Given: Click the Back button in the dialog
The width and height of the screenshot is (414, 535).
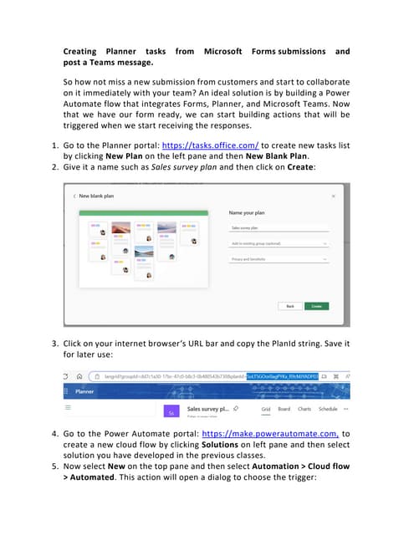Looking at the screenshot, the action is point(290,307).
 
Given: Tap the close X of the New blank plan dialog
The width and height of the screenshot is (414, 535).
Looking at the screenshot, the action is point(334,195).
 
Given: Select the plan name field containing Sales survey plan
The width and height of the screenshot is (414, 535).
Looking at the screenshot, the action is point(276,227).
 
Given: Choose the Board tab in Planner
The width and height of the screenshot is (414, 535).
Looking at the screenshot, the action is point(284,409).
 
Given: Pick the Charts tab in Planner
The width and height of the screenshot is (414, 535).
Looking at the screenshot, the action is point(304,409).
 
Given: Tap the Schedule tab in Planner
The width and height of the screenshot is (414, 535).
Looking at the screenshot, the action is point(328,409).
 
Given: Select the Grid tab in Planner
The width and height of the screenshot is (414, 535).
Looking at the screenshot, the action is point(266,409).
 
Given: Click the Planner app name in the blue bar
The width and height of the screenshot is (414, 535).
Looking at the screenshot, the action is point(85,390).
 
